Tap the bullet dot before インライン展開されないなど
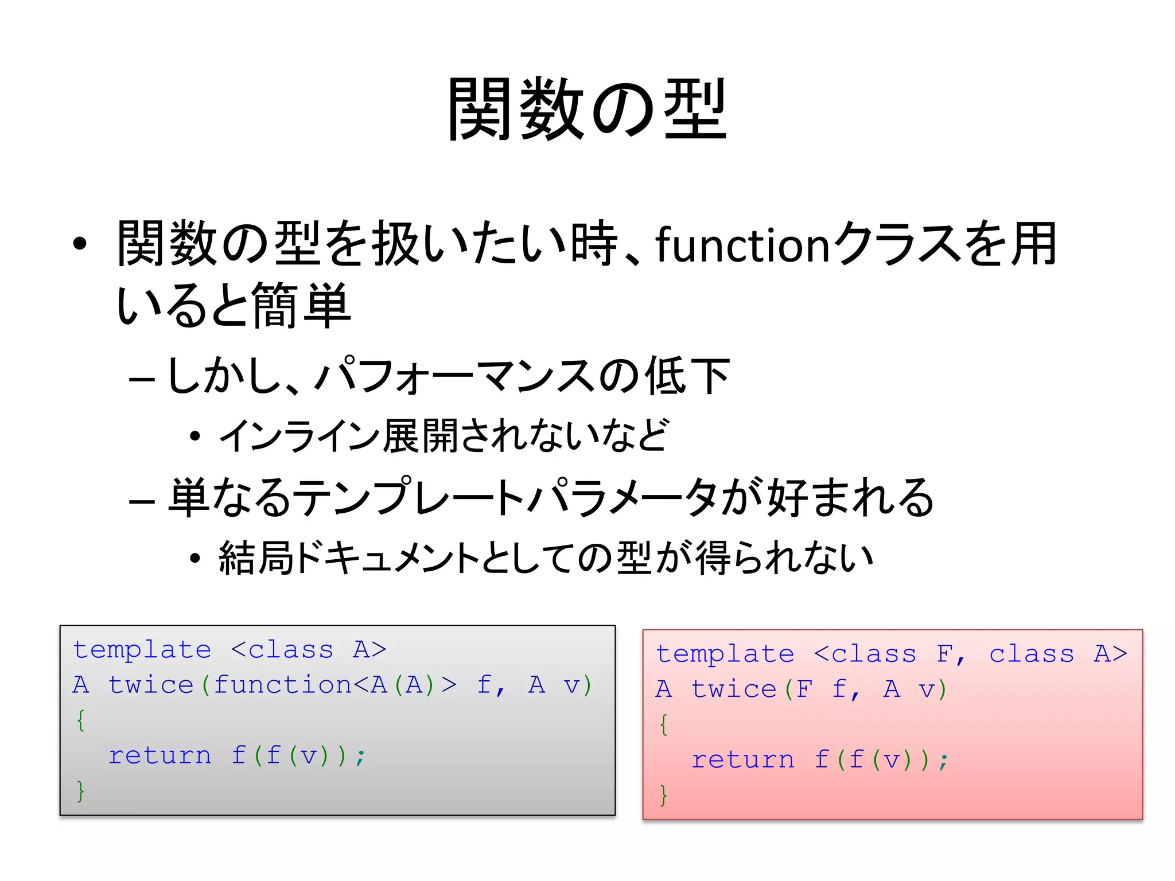click(x=195, y=436)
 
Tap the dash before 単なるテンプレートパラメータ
click(x=142, y=501)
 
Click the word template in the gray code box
click(x=142, y=650)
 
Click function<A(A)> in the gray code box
click(x=335, y=685)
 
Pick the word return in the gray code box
click(x=160, y=755)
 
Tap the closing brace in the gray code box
click(x=81, y=790)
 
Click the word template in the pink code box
click(x=725, y=654)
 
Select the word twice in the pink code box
click(x=734, y=689)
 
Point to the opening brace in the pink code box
click(x=664, y=724)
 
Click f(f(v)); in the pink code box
click(x=882, y=760)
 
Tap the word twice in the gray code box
click(x=151, y=685)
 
